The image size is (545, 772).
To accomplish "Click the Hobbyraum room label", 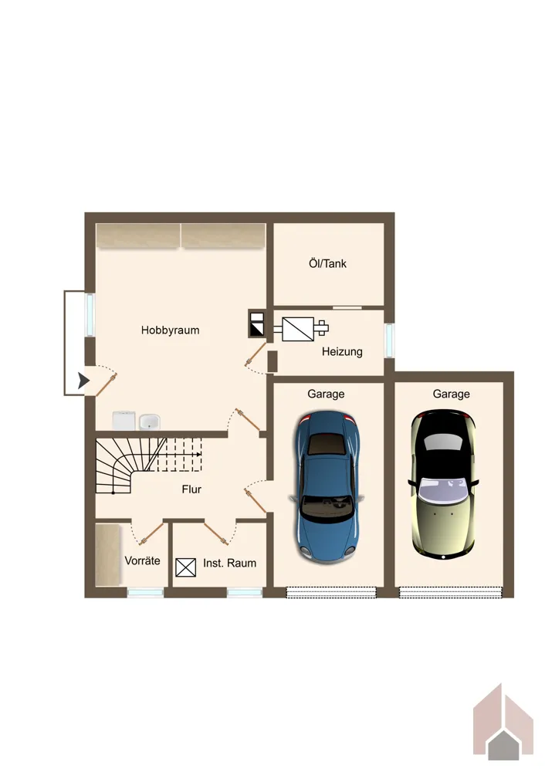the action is [171, 330].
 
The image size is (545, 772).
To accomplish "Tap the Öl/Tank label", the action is [327, 263].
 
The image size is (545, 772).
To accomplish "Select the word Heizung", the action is [342, 352].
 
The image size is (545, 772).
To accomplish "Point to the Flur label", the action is [191, 489].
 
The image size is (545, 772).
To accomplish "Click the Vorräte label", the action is [142, 560].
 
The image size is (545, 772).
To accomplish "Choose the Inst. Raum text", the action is [229, 564].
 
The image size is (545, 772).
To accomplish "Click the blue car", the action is [327, 486].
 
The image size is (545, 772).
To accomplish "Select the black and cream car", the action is [444, 485].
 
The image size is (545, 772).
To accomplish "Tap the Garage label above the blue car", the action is [326, 394].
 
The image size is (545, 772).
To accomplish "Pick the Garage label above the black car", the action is [451, 394].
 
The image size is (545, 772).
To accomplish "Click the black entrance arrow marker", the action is [83, 381].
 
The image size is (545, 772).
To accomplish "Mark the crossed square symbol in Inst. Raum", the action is [185, 567].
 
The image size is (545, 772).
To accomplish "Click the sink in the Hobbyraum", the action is [149, 422].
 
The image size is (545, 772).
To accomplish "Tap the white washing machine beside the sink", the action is [124, 421].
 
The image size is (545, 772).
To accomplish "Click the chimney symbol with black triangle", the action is [256, 323].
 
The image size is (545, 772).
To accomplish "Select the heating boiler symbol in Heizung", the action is [305, 329].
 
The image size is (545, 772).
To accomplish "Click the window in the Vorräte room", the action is [146, 593].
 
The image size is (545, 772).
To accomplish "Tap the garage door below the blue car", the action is [331, 592].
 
